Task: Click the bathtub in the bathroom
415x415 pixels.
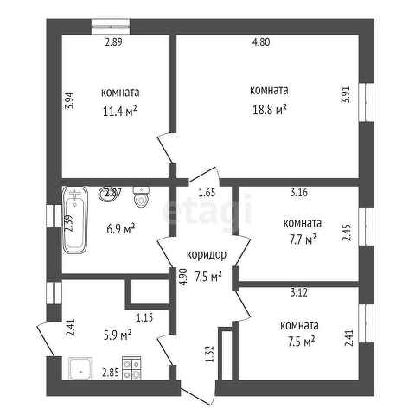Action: pos(75,220)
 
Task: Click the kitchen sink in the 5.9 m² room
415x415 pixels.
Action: pos(80,368)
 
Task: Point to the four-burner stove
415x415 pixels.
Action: pos(131,368)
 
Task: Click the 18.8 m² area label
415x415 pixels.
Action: pos(270,110)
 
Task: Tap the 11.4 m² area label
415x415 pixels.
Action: pos(119,112)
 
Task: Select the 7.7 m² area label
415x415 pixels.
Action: pos(303,239)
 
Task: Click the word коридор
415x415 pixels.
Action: pos(207,254)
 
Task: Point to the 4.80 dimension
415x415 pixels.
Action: pos(261,42)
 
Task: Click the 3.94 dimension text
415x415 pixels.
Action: pos(70,100)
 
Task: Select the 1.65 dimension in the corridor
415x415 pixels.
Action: pos(207,192)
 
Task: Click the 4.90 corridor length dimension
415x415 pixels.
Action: pos(183,277)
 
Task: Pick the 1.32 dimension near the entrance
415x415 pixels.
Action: pos(211,354)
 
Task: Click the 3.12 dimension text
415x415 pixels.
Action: pos(299,293)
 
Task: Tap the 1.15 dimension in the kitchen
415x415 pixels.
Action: pos(144,318)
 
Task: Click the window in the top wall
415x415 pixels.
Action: pos(111,27)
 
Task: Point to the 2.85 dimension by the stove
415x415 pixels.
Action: pos(111,373)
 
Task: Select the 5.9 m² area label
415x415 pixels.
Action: pos(118,335)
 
